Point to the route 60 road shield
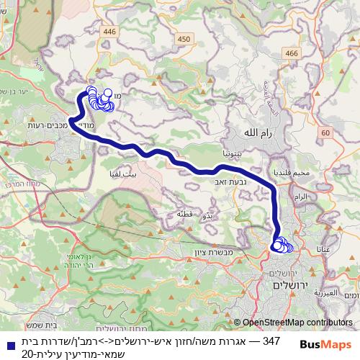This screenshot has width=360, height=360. [x=325, y=132]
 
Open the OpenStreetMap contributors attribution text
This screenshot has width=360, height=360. [x=297, y=323]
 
